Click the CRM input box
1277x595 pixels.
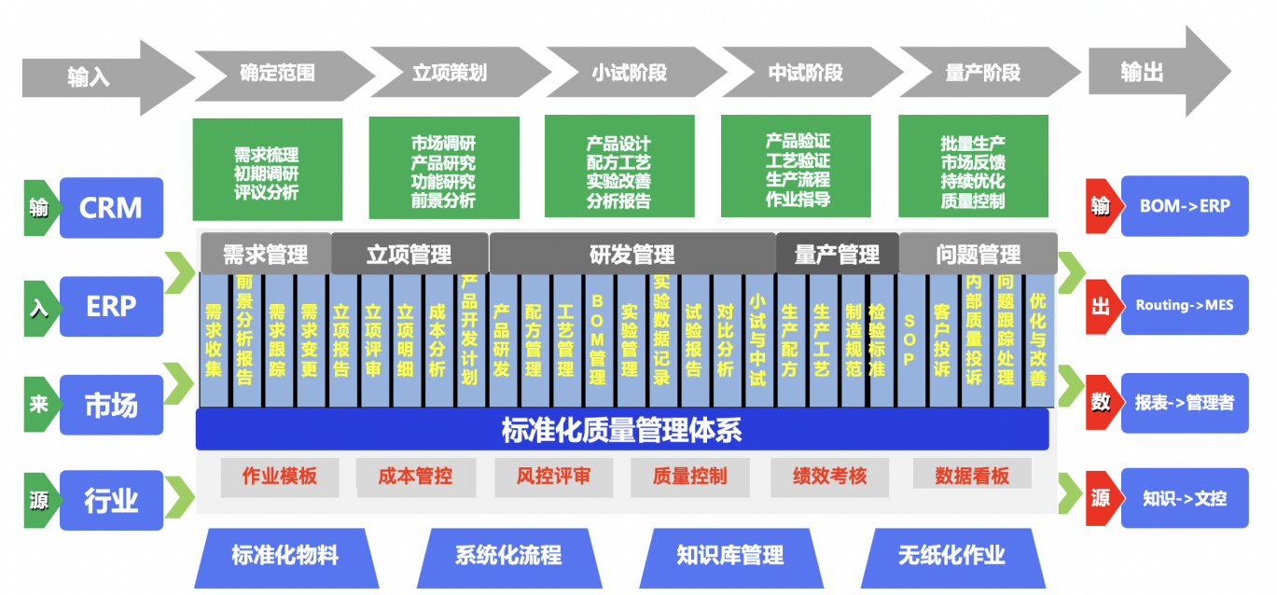click(x=111, y=207)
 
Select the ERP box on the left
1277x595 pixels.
click(x=111, y=306)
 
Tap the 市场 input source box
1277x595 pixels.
click(x=111, y=405)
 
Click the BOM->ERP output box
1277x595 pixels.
click(x=1185, y=206)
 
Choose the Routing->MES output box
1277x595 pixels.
click(x=1185, y=305)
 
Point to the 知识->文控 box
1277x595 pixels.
click(x=1185, y=498)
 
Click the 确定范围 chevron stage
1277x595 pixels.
click(x=284, y=74)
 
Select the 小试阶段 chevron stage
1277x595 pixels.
click(x=635, y=73)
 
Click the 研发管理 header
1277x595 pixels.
click(x=632, y=255)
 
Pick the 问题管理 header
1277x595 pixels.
click(x=979, y=255)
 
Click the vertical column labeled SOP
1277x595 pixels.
click(x=909, y=340)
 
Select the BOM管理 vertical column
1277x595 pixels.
click(x=597, y=340)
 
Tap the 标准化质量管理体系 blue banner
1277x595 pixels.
click(x=622, y=430)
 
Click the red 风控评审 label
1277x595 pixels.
click(x=553, y=476)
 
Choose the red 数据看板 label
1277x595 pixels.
click(x=972, y=474)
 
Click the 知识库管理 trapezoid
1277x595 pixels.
click(x=731, y=558)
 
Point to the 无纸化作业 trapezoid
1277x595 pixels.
click(x=953, y=558)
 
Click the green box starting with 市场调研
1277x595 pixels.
click(x=444, y=168)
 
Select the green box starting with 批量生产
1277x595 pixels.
click(x=973, y=166)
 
